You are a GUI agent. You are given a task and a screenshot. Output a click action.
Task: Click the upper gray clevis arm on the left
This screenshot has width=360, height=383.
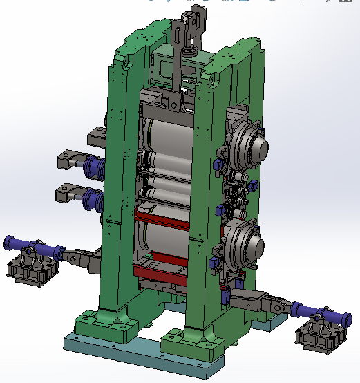tap(70, 159)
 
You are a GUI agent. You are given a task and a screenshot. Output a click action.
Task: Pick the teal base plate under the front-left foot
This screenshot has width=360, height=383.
tap(97, 344)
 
